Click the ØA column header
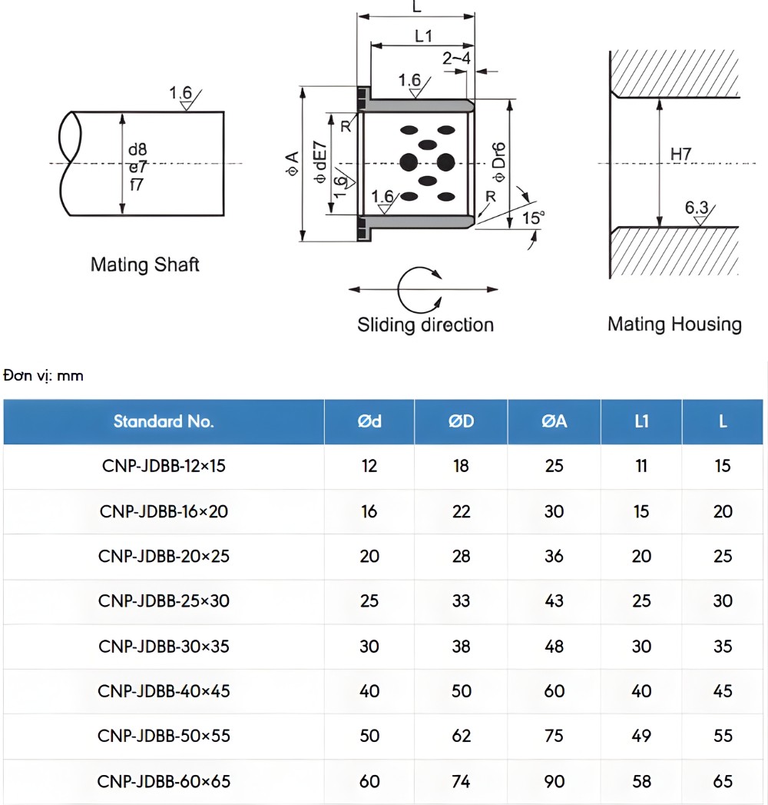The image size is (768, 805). [x=554, y=421]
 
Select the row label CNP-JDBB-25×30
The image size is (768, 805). [x=164, y=600]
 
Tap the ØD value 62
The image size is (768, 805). [x=461, y=735]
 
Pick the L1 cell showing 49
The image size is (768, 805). [x=641, y=735]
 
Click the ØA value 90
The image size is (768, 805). [x=554, y=781]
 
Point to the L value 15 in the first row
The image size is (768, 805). [x=723, y=466]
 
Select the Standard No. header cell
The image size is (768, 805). [x=164, y=421]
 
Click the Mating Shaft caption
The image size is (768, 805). [x=144, y=265]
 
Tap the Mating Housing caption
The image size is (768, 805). [x=674, y=324]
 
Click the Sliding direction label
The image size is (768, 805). [x=425, y=325]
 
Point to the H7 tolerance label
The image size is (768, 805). [x=680, y=155]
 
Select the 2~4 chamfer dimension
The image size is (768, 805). [x=456, y=58]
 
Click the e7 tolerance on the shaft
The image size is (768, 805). [x=137, y=166]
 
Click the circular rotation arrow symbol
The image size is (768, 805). [x=419, y=289]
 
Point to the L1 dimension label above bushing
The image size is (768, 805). [x=424, y=36]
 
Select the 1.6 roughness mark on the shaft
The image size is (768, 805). [x=181, y=94]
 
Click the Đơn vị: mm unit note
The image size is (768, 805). [x=43, y=376]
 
